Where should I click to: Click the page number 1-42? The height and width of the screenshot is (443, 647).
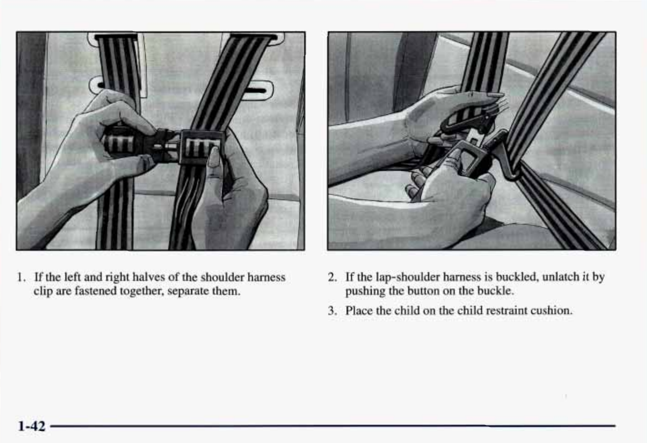32,426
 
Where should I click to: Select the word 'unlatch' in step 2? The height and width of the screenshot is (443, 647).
561,277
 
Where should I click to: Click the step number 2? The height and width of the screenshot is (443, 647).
332,277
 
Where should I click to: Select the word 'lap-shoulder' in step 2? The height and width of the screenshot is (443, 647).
408,277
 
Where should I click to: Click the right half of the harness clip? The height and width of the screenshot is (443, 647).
202,146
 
